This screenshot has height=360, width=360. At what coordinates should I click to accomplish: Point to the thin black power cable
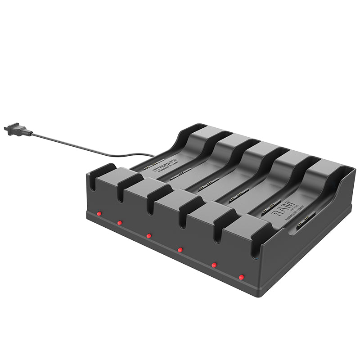click(90, 146)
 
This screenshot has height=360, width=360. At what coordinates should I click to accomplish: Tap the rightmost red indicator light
click(241, 277)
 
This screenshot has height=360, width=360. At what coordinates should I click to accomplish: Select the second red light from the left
click(120, 222)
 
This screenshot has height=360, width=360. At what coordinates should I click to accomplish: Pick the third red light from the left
click(148, 235)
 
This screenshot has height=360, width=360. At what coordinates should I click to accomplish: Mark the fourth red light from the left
click(180, 249)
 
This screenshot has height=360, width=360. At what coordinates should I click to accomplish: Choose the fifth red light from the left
click(214, 265)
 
